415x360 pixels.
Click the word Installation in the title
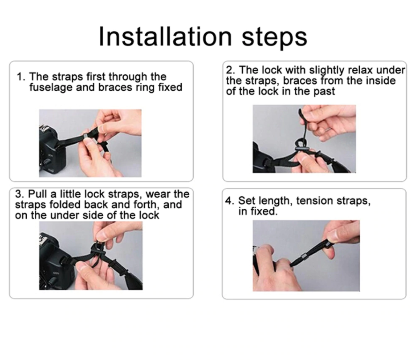(x=165, y=36)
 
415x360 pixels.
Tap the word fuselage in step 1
(x=51, y=88)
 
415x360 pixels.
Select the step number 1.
(x=20, y=77)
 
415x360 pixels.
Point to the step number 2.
(x=230, y=70)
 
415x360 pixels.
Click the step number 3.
(x=20, y=194)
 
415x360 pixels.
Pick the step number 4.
(x=229, y=201)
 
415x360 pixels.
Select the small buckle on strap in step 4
(x=303, y=256)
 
